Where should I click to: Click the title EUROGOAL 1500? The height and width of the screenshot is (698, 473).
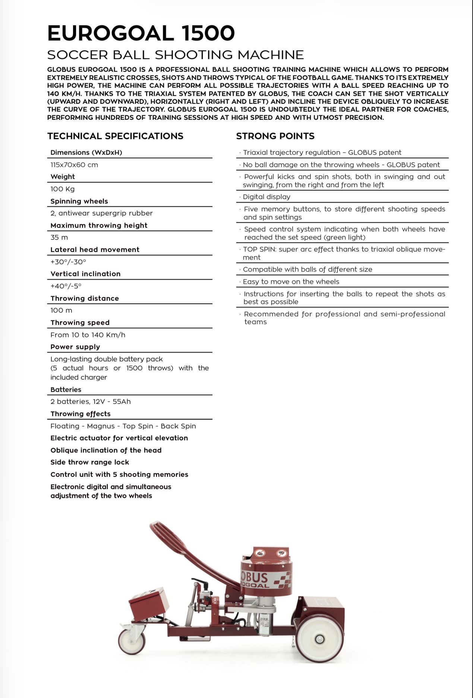coord(141,33)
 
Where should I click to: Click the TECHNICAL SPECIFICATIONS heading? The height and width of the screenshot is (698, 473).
coord(115,136)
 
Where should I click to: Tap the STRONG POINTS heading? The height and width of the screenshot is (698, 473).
coord(275,136)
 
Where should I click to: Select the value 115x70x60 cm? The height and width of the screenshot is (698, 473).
coord(74,165)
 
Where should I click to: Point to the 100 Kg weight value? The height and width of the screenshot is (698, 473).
coord(63,189)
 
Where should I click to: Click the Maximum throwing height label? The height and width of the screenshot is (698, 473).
coord(99,225)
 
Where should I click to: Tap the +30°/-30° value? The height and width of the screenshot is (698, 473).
coord(68,262)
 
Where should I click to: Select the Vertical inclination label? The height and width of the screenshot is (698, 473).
coord(85,274)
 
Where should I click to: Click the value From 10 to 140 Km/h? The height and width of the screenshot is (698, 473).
coord(88,335)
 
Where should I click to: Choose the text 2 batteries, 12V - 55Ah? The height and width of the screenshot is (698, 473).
coord(91,401)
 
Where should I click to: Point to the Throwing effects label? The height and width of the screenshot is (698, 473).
coord(81,414)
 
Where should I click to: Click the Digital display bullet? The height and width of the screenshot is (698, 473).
coord(266,197)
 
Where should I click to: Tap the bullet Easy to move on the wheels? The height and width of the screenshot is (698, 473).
coord(291,281)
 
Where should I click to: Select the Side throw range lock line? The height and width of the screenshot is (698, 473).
coord(89,462)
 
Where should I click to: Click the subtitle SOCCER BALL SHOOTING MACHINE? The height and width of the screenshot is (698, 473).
coord(176,55)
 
